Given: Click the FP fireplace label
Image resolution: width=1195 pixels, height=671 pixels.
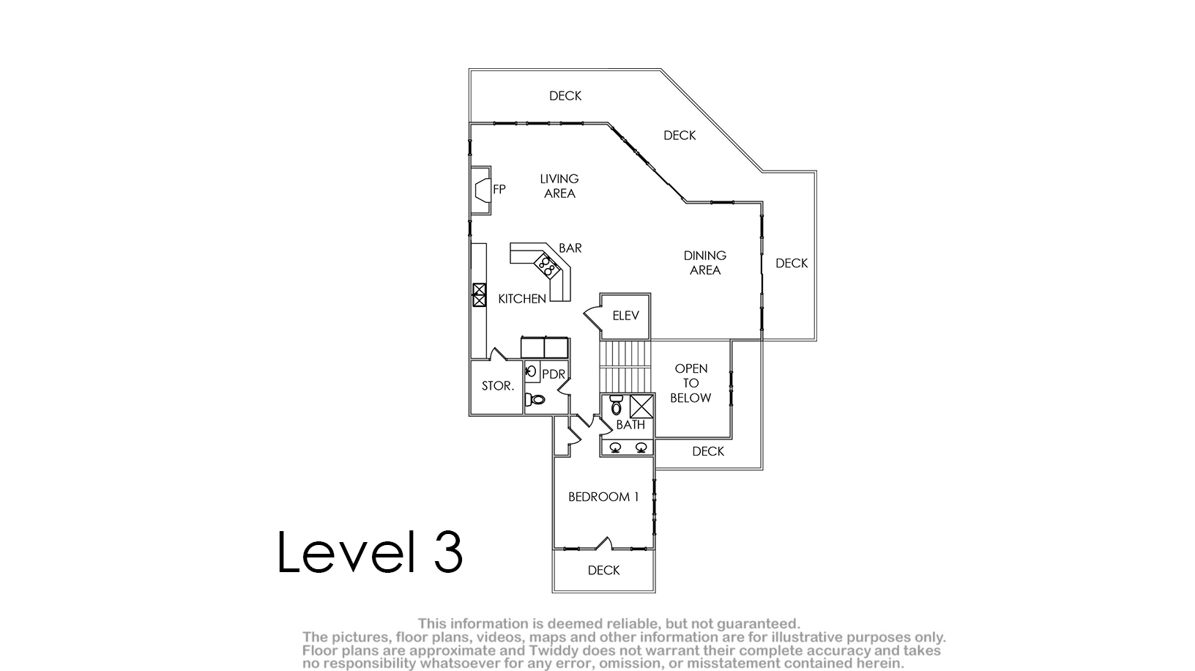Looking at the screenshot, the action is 499,190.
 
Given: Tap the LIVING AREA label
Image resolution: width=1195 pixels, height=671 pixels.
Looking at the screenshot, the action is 559,186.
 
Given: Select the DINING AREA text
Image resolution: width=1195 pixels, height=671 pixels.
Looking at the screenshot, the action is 705,263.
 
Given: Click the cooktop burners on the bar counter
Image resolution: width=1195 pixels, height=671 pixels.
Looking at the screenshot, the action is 547,266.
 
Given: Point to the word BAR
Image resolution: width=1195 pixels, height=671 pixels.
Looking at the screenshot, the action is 570,248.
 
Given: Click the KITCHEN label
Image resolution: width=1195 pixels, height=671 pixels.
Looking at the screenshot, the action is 522,299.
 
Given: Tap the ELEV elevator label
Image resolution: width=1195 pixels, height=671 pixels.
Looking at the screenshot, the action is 626,316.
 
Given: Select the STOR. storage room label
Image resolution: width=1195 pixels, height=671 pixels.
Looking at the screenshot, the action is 498,386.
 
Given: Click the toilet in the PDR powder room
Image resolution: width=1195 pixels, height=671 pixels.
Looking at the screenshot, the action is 535,399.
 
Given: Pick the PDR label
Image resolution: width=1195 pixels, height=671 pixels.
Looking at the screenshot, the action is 554,375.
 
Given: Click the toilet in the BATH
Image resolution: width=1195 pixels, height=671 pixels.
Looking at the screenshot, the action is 617,405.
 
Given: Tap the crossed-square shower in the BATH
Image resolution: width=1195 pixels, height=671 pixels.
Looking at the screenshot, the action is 641,407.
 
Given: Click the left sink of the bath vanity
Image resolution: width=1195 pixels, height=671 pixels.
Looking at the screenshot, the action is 615,448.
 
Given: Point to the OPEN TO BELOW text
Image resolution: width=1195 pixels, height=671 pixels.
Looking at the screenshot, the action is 691,383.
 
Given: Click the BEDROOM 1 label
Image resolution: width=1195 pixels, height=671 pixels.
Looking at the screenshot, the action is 603,497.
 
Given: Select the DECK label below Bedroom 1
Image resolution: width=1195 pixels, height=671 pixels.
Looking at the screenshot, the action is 604,571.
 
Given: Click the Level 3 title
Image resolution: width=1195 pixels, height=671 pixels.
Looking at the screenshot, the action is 370,552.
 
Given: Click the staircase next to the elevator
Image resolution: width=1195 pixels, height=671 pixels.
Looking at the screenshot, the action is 626,367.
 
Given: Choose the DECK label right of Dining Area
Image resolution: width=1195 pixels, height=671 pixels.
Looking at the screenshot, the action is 792,264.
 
